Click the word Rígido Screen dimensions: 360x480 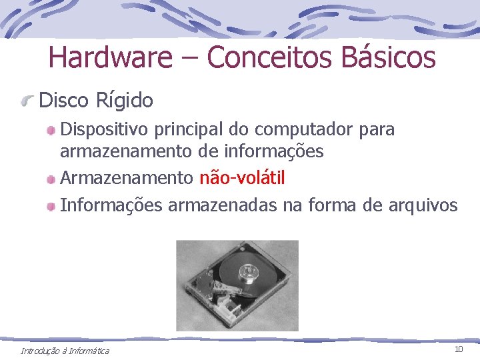(x=125, y=101)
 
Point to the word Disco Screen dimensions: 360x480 (x=64, y=101)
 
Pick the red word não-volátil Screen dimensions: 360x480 (x=242, y=178)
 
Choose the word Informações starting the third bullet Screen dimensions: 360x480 (x=111, y=205)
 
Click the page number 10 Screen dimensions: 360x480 (x=459, y=349)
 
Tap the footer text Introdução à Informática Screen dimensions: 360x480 (x=65, y=351)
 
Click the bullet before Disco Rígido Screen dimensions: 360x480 (x=27, y=101)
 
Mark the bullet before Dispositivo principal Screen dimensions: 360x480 (x=51, y=130)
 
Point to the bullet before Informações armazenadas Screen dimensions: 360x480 (x=51, y=206)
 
